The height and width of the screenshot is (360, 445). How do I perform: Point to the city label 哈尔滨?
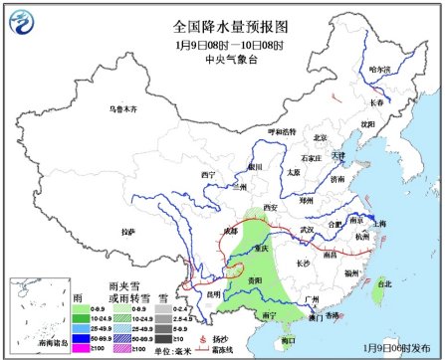coord(379,69)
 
